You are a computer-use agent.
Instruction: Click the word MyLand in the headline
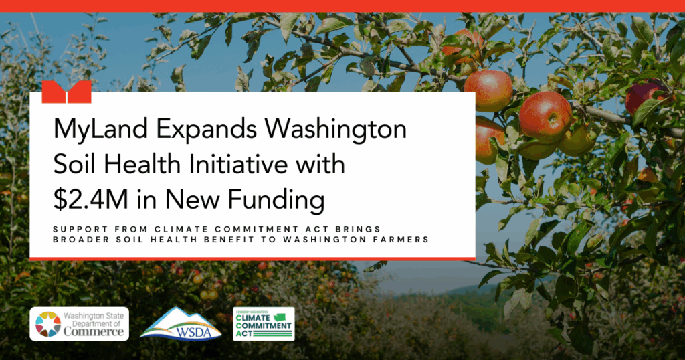tap(101, 130)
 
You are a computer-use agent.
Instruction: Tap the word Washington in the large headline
tap(336, 130)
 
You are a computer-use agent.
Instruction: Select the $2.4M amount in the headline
tap(91, 199)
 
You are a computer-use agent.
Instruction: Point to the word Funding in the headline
tap(276, 201)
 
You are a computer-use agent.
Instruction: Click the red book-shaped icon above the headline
tap(66, 92)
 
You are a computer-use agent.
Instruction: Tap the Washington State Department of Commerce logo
tap(79, 324)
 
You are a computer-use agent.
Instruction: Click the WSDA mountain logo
tap(181, 324)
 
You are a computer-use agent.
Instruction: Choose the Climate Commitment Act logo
tap(264, 324)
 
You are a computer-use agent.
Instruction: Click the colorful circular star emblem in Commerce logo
tap(48, 324)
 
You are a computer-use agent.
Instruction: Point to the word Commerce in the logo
tap(94, 332)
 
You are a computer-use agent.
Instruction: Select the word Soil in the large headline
tap(74, 165)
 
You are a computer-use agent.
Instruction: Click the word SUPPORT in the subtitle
tap(81, 229)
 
